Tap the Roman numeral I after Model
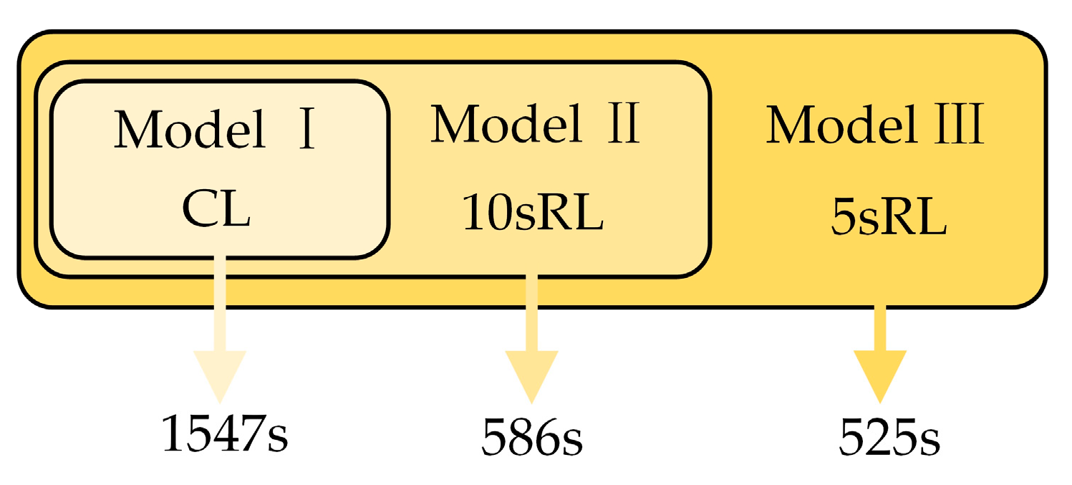click(306, 132)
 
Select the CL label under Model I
click(216, 209)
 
